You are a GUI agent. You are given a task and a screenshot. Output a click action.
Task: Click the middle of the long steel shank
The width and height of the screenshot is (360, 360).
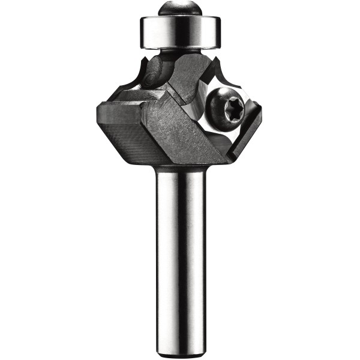pos(181,252)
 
